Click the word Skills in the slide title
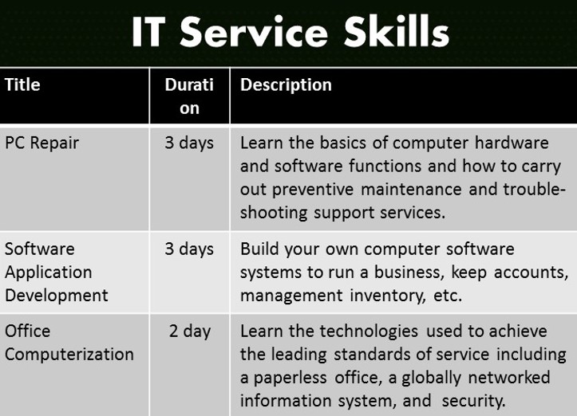397,31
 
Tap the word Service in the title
254,32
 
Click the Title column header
22,84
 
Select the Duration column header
189,96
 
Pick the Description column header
286,85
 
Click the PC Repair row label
41,143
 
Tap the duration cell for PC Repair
189,143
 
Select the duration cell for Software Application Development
189,249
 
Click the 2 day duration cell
190,332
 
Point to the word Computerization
69,355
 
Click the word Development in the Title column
57,296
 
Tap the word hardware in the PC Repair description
512,143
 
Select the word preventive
313,190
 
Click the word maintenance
411,189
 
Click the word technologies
369,332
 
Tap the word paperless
290,379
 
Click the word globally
431,379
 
